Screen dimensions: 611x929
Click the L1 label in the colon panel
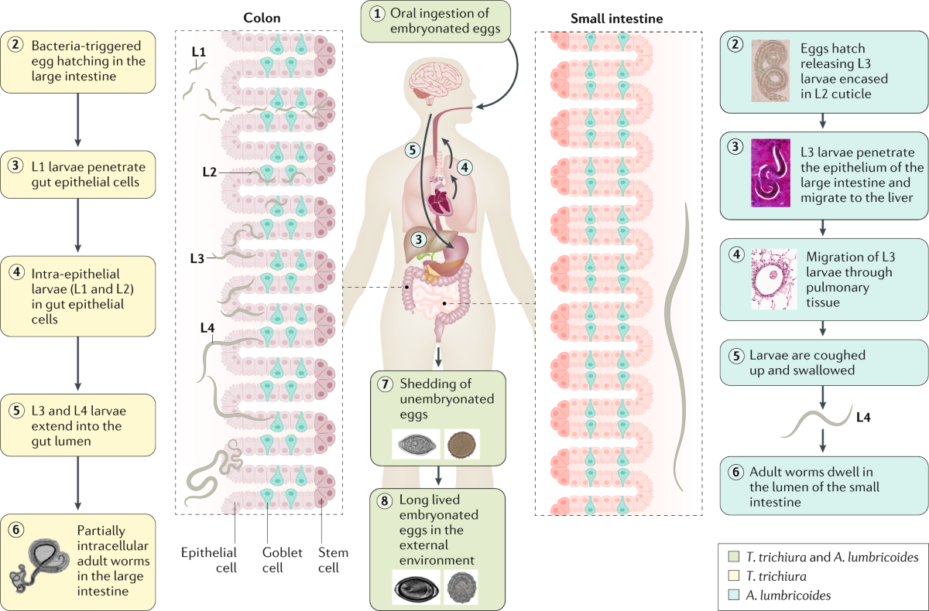(199, 51)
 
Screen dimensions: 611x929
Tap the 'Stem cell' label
(334, 559)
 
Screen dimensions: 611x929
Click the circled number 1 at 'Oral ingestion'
(377, 14)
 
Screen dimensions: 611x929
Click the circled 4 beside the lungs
(464, 166)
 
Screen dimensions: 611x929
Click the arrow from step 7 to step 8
(439, 475)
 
